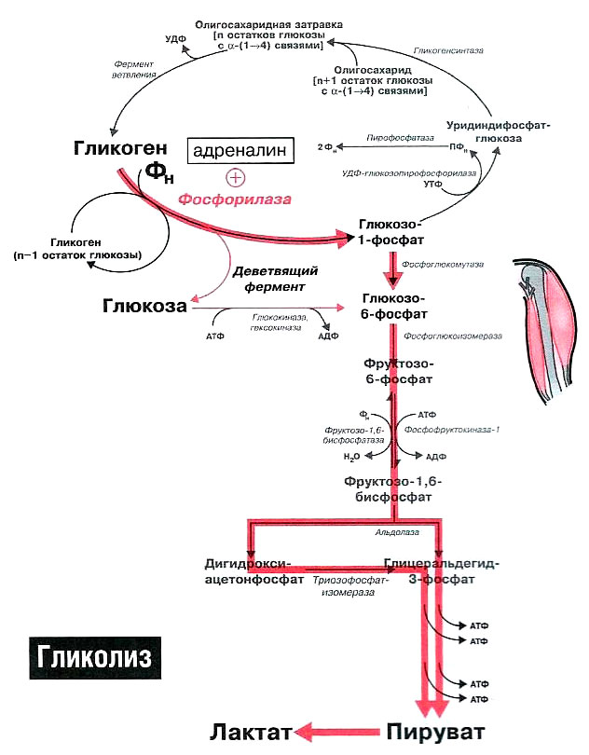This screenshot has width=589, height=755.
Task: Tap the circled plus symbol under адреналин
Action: [236, 177]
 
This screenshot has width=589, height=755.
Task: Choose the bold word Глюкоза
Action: [144, 306]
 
